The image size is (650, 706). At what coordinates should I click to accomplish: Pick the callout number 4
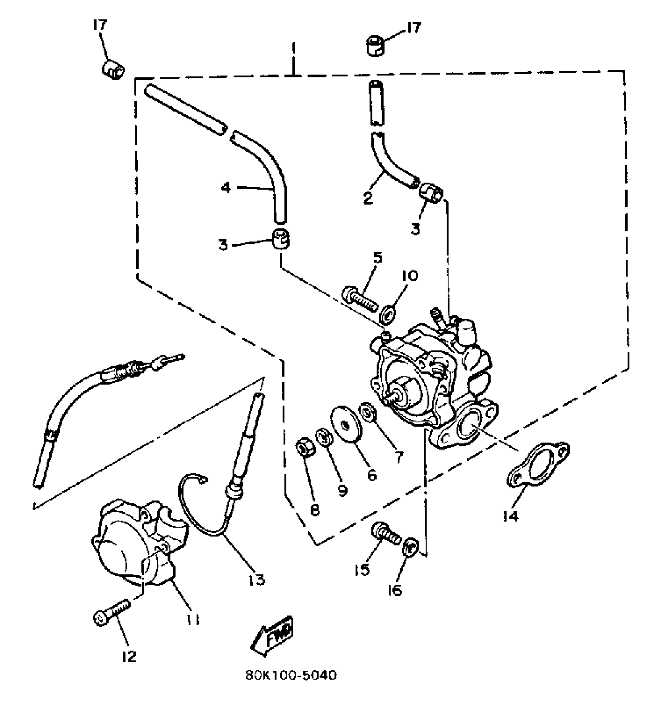[226, 188]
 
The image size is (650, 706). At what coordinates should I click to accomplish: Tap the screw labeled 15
[385, 534]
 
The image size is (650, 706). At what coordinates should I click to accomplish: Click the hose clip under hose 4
[281, 239]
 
